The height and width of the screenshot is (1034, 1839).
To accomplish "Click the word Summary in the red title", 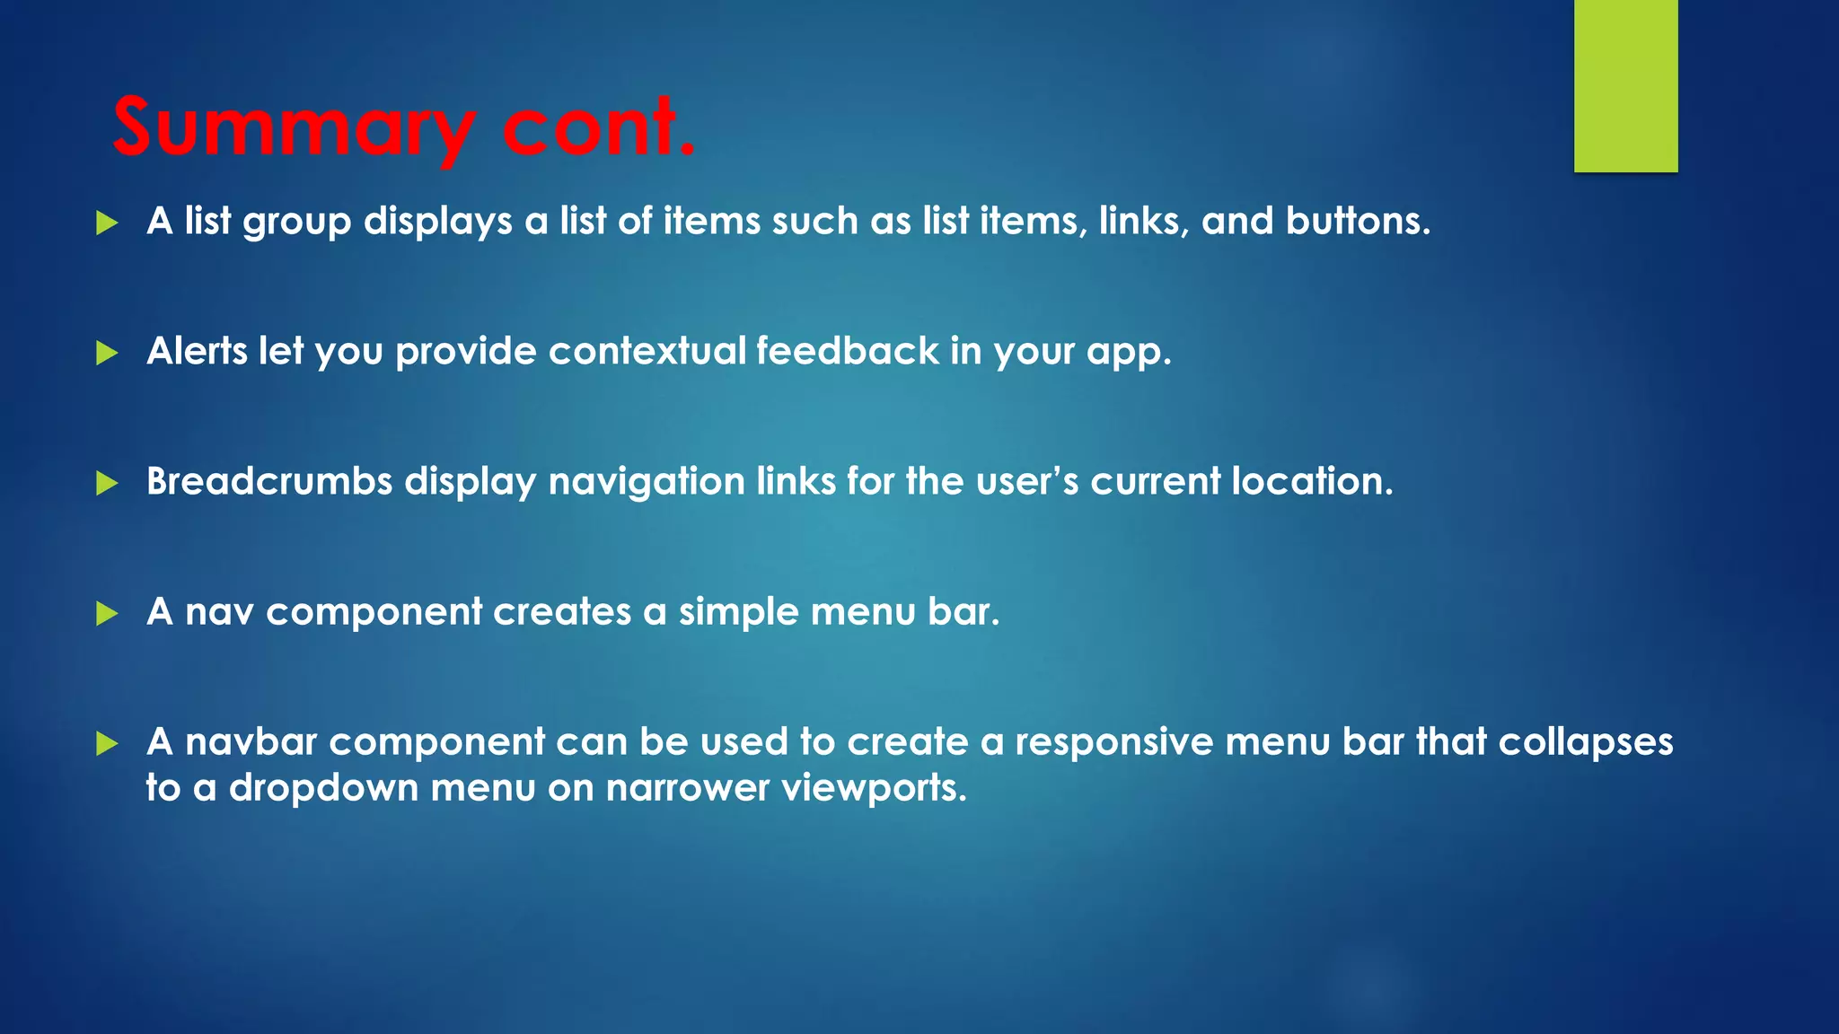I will pos(293,127).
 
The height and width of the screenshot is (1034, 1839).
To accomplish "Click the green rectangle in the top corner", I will pos(1625,85).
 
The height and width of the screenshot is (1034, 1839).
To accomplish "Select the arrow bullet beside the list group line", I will pos(107,223).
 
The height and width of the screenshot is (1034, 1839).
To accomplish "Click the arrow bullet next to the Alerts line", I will pos(107,353).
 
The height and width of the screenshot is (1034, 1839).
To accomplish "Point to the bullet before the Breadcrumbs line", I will pos(107,483).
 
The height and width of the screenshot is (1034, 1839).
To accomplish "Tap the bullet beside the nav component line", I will pos(107,613).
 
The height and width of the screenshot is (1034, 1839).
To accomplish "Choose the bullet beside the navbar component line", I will pos(107,743).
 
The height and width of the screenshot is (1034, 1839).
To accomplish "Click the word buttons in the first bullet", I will pos(1357,221).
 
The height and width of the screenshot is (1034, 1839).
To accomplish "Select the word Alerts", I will pos(197,351).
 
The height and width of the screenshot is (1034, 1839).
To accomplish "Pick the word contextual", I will pos(647,351).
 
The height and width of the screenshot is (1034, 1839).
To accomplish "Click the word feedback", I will pos(847,351).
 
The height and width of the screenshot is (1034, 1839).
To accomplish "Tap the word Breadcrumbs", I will pos(269,481).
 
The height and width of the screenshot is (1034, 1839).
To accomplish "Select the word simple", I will pos(738,612).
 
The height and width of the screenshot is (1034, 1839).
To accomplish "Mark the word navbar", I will pos(251,742).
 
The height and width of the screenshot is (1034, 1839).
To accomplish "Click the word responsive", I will pos(1113,742).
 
